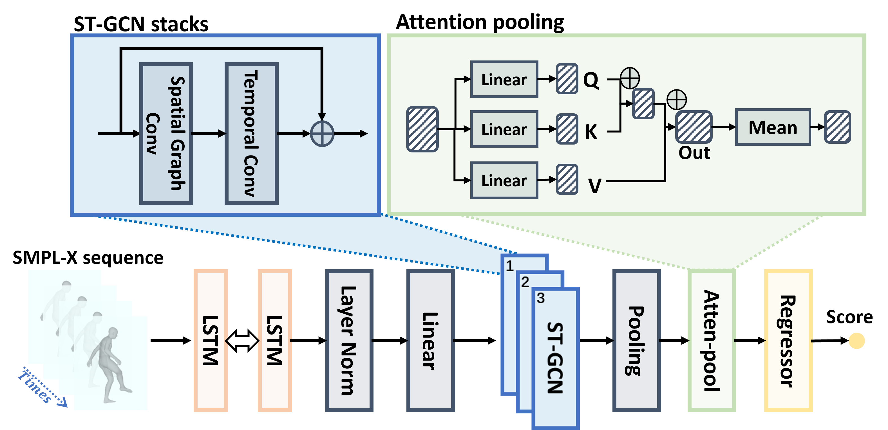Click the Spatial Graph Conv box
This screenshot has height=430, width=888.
[166, 133]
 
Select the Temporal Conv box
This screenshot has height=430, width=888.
[251, 133]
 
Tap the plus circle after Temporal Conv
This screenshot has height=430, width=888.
[322, 134]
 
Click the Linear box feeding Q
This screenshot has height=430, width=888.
[504, 79]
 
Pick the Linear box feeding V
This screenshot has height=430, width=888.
[504, 180]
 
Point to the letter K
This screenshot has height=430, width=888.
[591, 132]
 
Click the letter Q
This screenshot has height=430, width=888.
[591, 80]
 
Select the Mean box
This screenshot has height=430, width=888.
[773, 127]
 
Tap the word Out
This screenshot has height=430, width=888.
[694, 153]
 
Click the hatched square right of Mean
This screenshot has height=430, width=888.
[837, 127]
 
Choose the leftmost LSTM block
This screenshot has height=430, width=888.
[211, 340]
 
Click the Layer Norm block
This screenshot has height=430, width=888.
[349, 340]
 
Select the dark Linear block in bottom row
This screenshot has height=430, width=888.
[431, 340]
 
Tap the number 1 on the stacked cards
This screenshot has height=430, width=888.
[510, 266]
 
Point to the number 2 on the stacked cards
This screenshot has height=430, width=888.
[525, 282]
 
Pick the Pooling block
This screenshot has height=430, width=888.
[636, 340]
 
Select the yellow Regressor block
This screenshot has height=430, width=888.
[788, 340]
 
